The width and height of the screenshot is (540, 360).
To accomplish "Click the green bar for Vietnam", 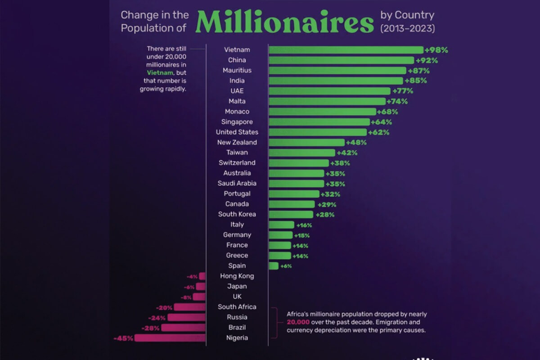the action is pos(346,50).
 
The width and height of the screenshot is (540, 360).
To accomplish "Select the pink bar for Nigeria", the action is pos(170,338).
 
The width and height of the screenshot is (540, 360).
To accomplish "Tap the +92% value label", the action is pos(427,60).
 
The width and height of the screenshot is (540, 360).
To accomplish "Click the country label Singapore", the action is pos(237,122).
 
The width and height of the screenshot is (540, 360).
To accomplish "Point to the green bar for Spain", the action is pos(274,266).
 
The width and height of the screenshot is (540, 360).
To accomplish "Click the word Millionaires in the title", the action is pos(285,22).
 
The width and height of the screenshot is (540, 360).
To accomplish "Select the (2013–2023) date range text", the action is pos(408,28).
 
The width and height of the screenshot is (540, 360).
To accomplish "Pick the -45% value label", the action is pos(123,338).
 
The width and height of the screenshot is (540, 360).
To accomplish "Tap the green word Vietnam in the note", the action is pos(160,72).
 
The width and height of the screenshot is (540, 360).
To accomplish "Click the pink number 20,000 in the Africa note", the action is pos(298,322).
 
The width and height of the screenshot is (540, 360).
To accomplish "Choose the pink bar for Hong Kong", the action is pos(202,276).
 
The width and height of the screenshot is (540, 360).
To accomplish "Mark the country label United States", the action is pos(237,132).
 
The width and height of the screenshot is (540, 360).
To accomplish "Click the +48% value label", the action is pos(356,143).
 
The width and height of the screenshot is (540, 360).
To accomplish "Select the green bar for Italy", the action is pos(281,225).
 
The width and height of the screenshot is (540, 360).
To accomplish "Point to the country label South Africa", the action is pos(237,307).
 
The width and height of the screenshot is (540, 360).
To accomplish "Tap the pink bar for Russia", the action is pos(187,318).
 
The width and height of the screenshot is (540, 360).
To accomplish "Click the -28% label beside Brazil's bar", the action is pos(150,328).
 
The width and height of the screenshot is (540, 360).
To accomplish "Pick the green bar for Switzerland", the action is pos(299,163).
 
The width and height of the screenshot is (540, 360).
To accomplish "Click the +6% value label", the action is pos(286,266).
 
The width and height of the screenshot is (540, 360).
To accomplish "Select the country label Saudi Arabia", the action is pos(237,183).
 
